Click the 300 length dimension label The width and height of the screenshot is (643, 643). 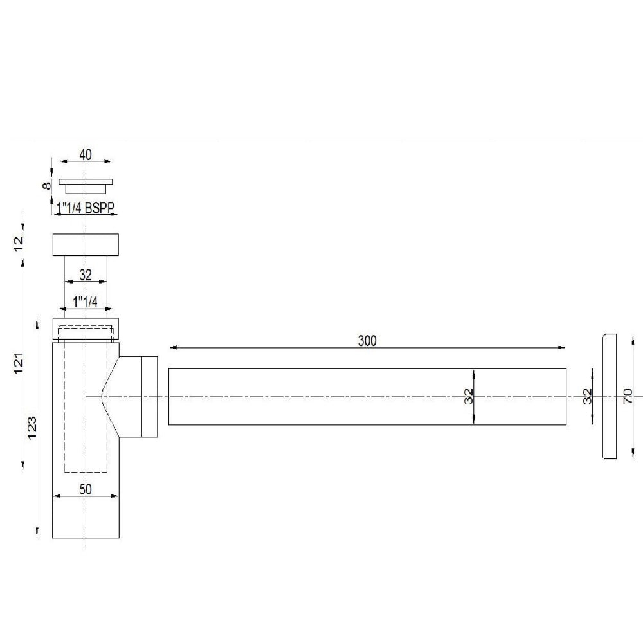[367, 341]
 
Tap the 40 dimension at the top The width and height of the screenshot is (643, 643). [85, 154]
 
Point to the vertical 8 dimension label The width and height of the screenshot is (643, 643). [46, 185]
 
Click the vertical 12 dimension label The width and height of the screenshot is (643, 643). [19, 242]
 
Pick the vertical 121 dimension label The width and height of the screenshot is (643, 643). [19, 363]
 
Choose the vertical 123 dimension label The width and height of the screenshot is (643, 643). [33, 426]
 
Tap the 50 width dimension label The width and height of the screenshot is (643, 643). [86, 488]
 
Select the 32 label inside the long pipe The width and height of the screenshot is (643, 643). [469, 396]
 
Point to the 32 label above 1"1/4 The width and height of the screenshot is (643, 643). [85, 275]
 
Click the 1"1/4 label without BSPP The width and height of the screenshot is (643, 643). [85, 301]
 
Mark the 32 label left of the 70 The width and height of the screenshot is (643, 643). [586, 396]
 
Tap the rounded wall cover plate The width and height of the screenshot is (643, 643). [609, 396]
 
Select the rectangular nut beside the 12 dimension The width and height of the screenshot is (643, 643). [86, 245]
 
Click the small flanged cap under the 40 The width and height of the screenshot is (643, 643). [86, 185]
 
